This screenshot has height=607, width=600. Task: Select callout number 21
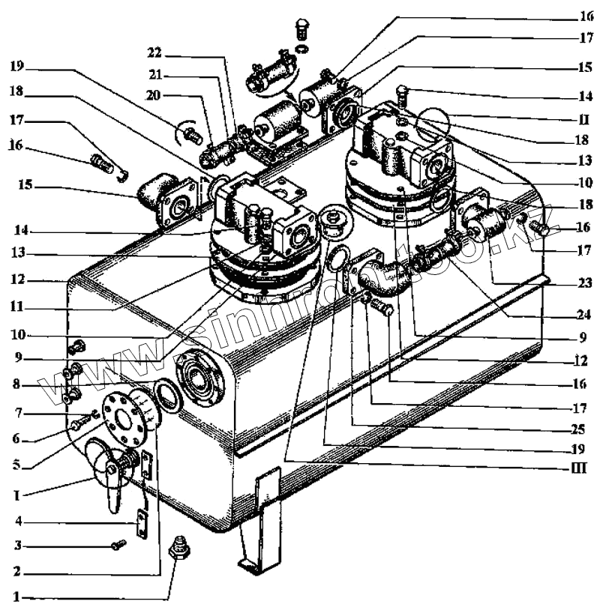[156, 75]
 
